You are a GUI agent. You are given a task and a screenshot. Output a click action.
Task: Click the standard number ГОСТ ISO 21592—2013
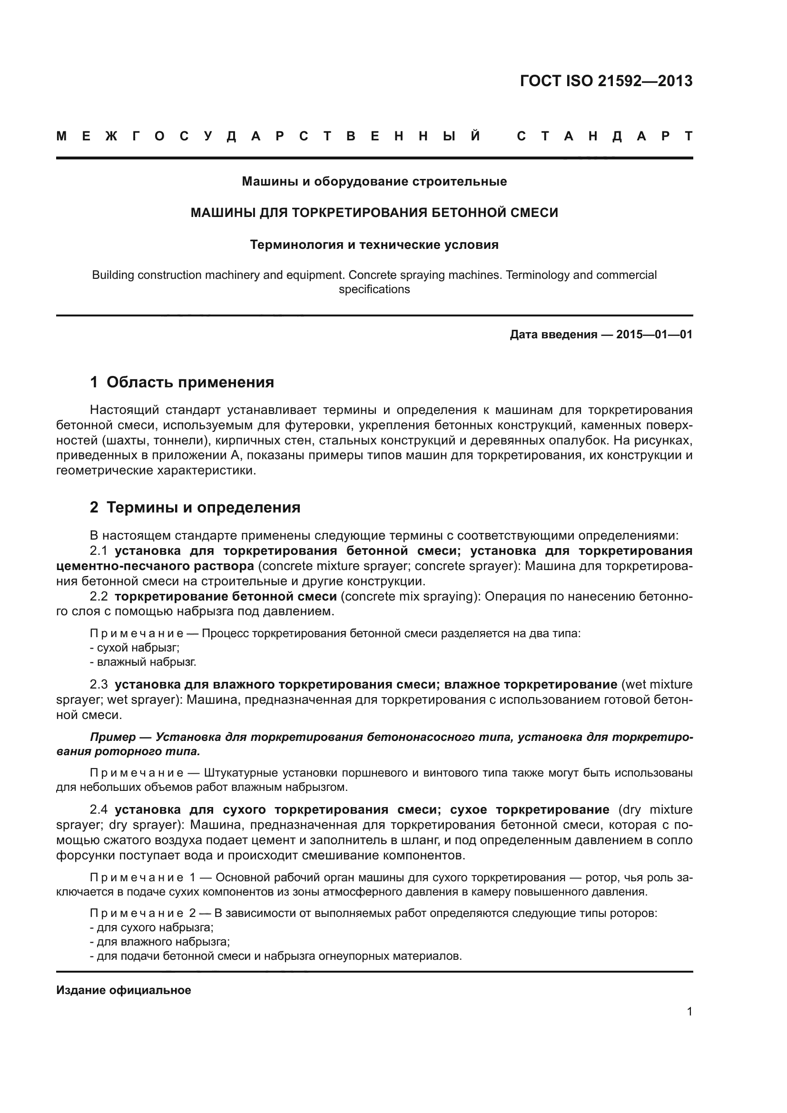point(606,81)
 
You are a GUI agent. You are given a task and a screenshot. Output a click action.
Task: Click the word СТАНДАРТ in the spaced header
point(605,137)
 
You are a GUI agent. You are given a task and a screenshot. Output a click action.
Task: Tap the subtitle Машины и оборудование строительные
point(374,182)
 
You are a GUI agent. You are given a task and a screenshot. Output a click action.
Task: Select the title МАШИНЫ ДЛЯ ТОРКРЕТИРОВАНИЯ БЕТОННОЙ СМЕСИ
point(374,213)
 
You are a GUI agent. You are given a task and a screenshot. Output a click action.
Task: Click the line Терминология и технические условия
point(374,245)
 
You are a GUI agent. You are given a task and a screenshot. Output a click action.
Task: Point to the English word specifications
point(374,289)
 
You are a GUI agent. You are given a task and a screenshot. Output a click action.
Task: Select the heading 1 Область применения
point(182,383)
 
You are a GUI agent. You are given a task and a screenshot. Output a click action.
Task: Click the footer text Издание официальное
point(124,990)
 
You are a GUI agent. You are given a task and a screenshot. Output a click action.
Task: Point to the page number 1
point(689,1011)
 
